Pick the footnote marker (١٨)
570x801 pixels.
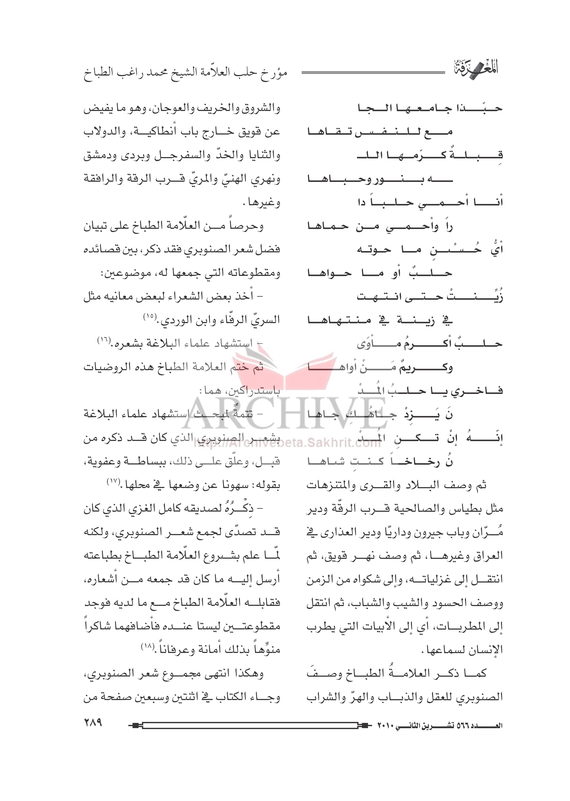click(147, 646)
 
